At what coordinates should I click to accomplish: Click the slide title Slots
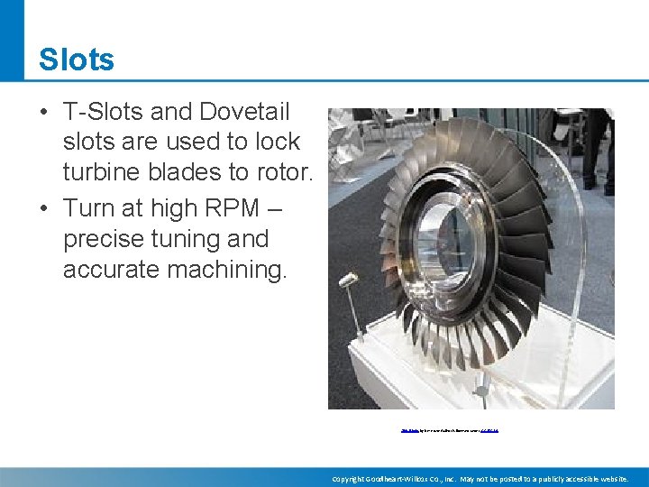[77, 60]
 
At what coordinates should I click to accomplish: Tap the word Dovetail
[246, 113]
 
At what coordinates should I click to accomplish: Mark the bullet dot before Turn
[43, 209]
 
